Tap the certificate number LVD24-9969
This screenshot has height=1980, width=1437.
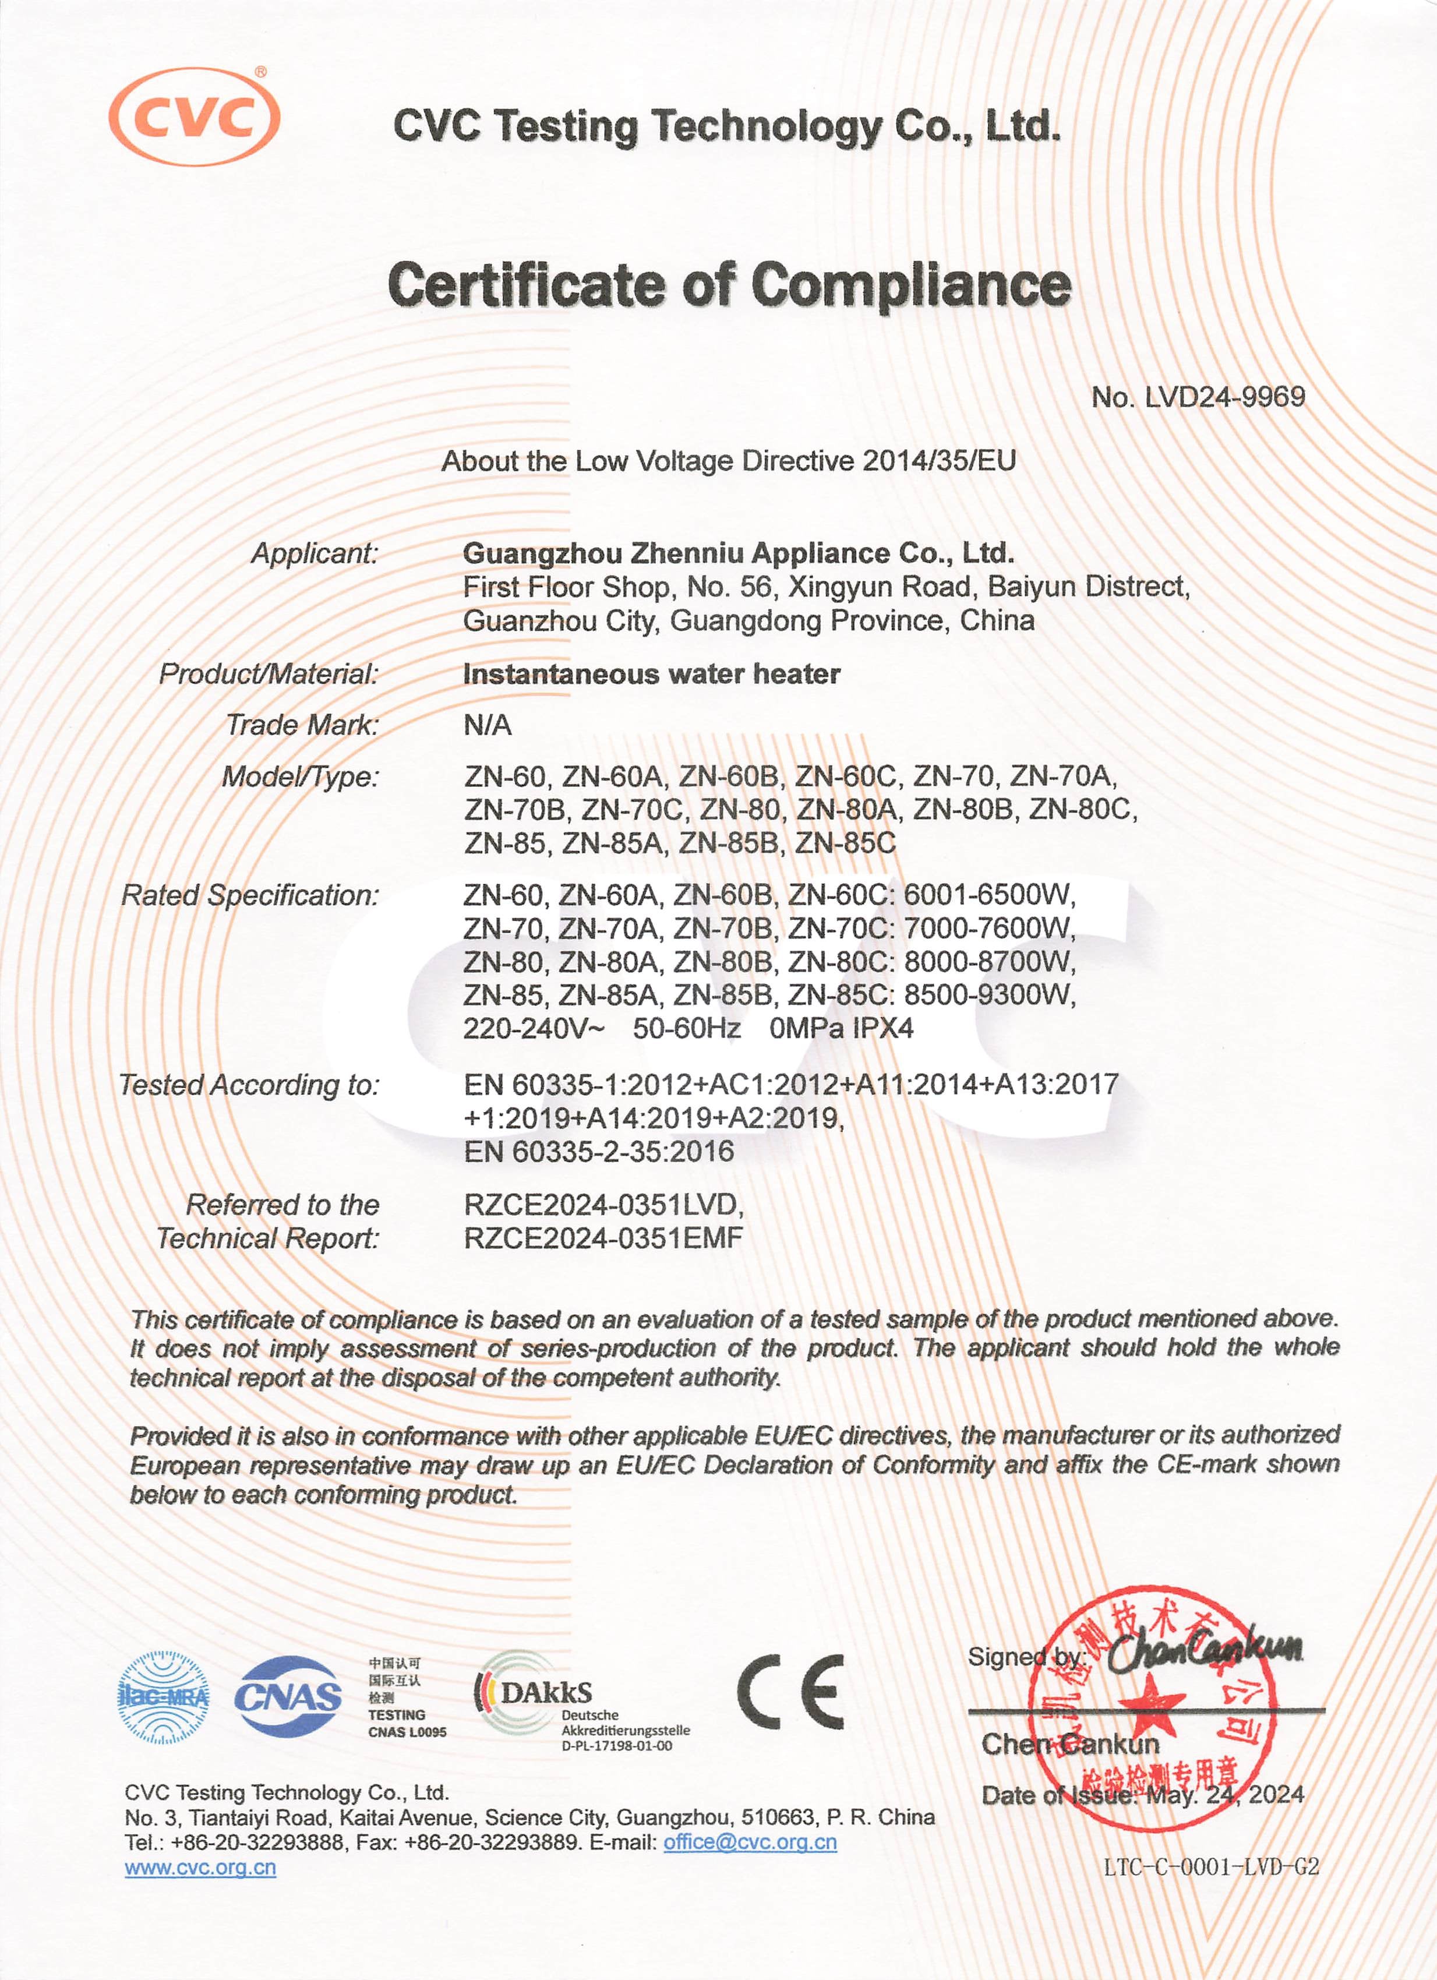[x=1198, y=398]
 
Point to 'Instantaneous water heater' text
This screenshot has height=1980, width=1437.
[x=651, y=674]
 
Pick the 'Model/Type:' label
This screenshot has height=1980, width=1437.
[x=301, y=776]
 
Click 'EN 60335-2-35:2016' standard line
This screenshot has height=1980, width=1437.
[x=599, y=1152]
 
